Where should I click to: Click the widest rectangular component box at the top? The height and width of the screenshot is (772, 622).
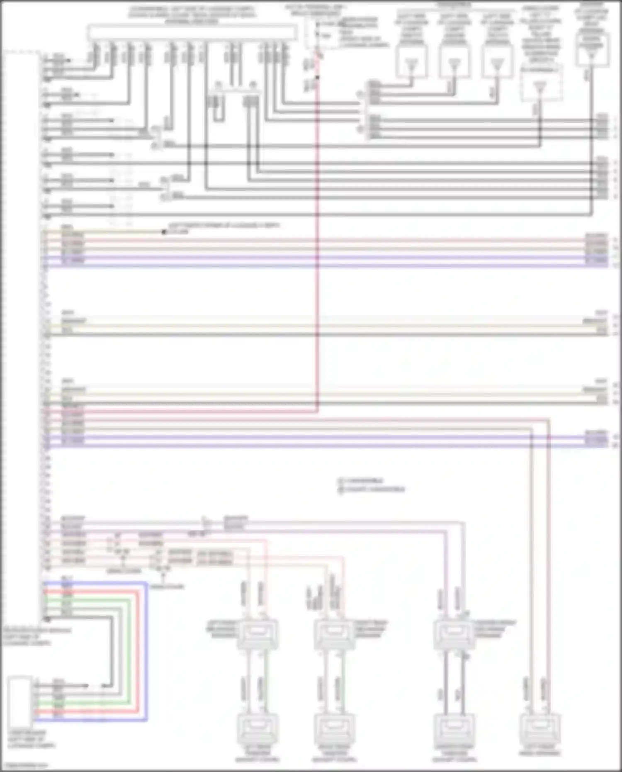[x=192, y=32]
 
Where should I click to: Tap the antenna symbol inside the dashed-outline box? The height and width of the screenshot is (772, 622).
[x=539, y=87]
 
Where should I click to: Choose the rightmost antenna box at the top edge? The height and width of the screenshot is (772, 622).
[x=593, y=50]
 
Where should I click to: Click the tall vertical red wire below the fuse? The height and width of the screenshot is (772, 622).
[x=318, y=249]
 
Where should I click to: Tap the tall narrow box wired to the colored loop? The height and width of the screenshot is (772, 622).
[x=20, y=701]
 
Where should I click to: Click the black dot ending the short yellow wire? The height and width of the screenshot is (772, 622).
[x=164, y=232]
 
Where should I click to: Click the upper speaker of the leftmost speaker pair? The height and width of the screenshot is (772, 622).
[x=257, y=634]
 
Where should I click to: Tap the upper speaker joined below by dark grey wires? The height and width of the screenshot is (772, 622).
[x=454, y=634]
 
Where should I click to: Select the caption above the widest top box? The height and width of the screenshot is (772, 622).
[x=192, y=15]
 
